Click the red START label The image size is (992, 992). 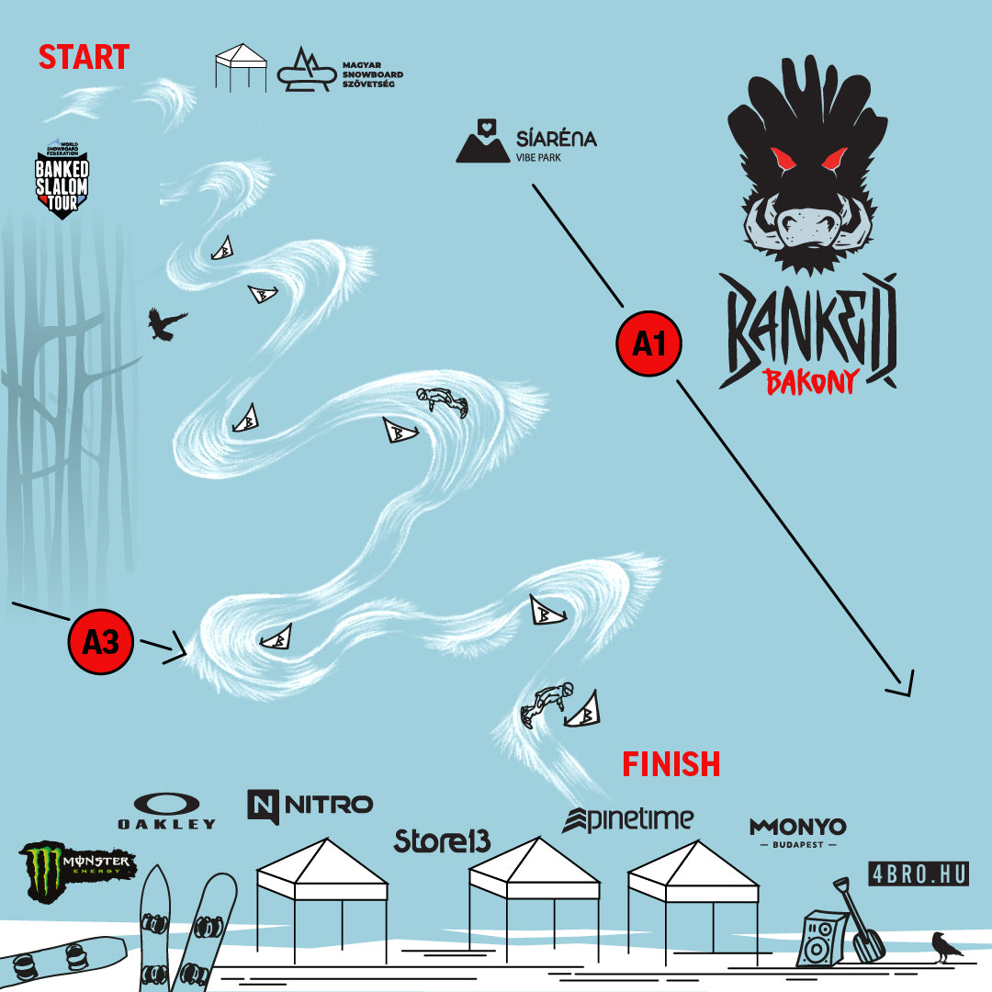point(84,57)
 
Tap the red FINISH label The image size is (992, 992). point(671,762)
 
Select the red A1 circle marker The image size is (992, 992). point(648,343)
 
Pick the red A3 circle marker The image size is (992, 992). point(101,641)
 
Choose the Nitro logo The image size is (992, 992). point(310,806)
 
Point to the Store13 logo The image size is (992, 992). point(442,840)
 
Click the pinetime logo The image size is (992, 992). point(628,819)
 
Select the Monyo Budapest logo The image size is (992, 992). point(797,831)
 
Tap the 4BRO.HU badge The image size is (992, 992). point(919,874)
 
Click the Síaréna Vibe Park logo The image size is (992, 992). point(527,142)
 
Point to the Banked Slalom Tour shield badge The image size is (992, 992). point(62,179)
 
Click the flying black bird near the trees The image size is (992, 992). point(166,323)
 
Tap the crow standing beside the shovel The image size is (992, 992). point(946,946)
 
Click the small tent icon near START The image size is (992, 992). point(241,66)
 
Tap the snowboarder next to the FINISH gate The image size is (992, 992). point(546,705)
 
